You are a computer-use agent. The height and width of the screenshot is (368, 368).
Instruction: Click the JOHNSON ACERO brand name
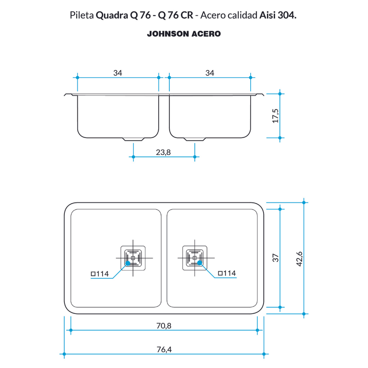click(x=184, y=34)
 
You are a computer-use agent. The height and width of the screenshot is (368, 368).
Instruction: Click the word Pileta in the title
click(x=82, y=15)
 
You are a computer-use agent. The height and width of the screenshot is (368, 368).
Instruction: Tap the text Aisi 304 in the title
click(x=278, y=15)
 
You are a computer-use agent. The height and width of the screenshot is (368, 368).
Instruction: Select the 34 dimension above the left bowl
click(x=118, y=73)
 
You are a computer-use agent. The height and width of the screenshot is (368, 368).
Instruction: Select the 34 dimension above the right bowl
click(x=210, y=73)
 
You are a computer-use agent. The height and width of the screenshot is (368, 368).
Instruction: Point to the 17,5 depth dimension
click(x=276, y=116)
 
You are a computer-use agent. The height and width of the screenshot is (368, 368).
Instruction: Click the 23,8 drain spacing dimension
click(x=163, y=152)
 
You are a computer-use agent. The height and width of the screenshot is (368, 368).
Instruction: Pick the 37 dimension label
click(x=276, y=258)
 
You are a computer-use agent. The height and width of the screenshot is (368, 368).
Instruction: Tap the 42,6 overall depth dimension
click(x=299, y=259)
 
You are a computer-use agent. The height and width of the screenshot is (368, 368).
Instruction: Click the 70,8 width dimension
click(x=164, y=326)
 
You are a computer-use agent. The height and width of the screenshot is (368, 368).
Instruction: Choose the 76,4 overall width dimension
click(x=164, y=350)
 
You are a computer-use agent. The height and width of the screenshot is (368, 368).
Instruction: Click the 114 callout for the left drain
click(x=100, y=274)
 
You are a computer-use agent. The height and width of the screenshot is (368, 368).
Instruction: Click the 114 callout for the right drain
click(x=227, y=273)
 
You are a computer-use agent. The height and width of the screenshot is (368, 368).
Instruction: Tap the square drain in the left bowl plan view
click(x=133, y=258)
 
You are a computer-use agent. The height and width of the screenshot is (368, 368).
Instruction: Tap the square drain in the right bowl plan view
click(x=195, y=258)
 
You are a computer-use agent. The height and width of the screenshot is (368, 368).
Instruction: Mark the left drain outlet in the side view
click(x=133, y=139)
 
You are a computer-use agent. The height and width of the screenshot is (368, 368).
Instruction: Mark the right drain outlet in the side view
click(x=195, y=139)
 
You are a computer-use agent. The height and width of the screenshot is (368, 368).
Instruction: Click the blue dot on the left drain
click(x=128, y=263)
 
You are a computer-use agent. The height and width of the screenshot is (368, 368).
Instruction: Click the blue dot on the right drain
click(x=200, y=263)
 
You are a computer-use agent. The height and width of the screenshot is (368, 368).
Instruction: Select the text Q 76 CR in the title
click(x=176, y=15)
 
